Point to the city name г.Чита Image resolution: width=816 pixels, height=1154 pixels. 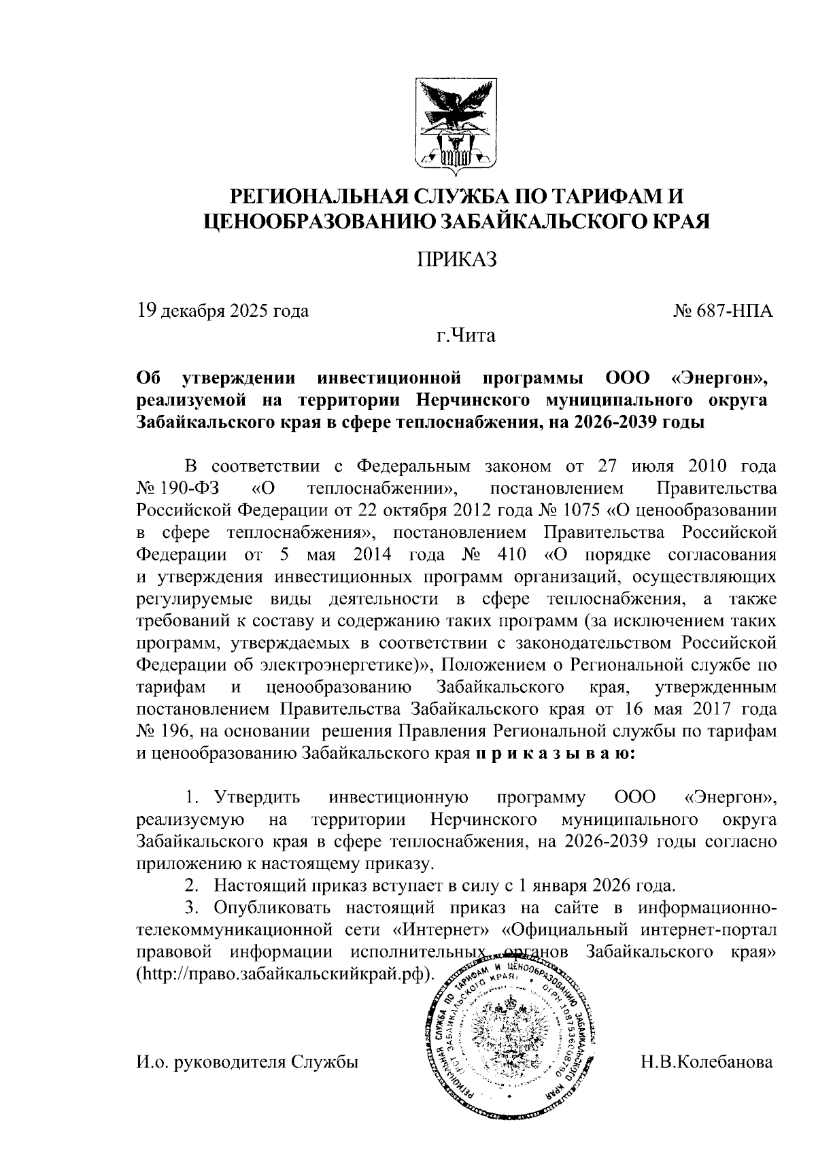point(466,336)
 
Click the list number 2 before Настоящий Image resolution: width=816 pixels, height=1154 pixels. point(192,886)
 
